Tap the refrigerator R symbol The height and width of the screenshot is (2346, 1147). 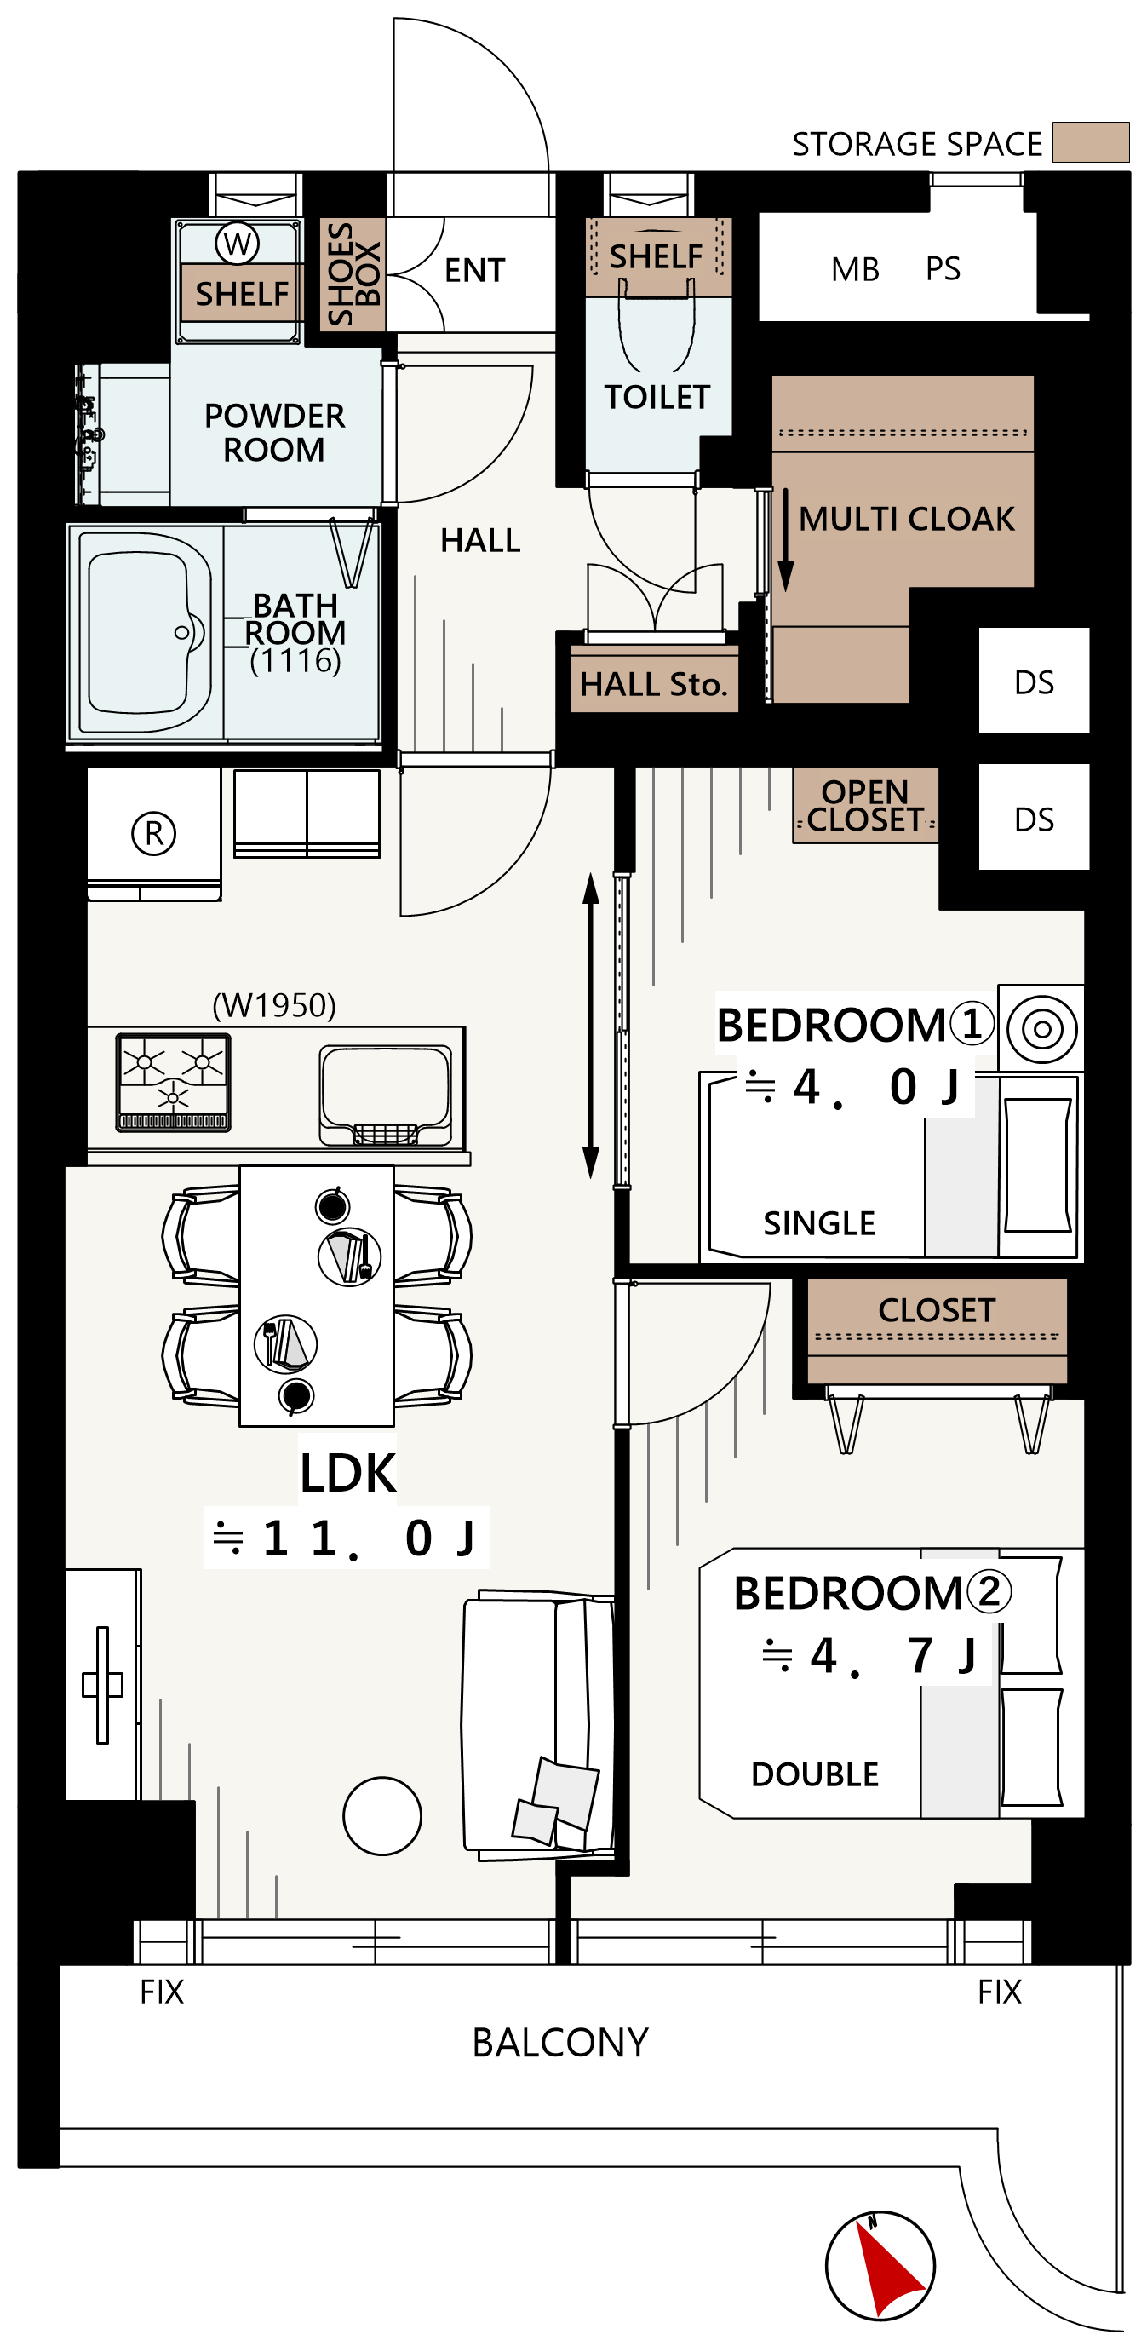(154, 833)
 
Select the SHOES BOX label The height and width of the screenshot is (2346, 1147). (353, 274)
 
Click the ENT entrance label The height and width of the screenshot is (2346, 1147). (474, 271)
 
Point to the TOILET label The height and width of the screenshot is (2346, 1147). (657, 397)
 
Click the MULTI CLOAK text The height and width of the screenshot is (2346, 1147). (907, 519)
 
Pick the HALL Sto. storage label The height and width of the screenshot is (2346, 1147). (654, 684)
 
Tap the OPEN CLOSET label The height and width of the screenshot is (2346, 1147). (866, 806)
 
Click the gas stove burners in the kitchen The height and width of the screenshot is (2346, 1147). (173, 1082)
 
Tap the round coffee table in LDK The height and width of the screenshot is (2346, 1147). (382, 1816)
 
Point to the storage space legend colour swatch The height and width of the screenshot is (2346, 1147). (1091, 142)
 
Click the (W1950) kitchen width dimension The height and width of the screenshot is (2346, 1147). (274, 1005)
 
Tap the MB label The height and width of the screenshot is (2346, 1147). (856, 269)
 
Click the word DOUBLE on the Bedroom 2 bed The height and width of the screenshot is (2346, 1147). (815, 1774)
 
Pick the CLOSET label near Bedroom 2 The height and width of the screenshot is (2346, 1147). (937, 1309)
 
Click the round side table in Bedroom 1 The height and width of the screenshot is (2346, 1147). (1042, 1029)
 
